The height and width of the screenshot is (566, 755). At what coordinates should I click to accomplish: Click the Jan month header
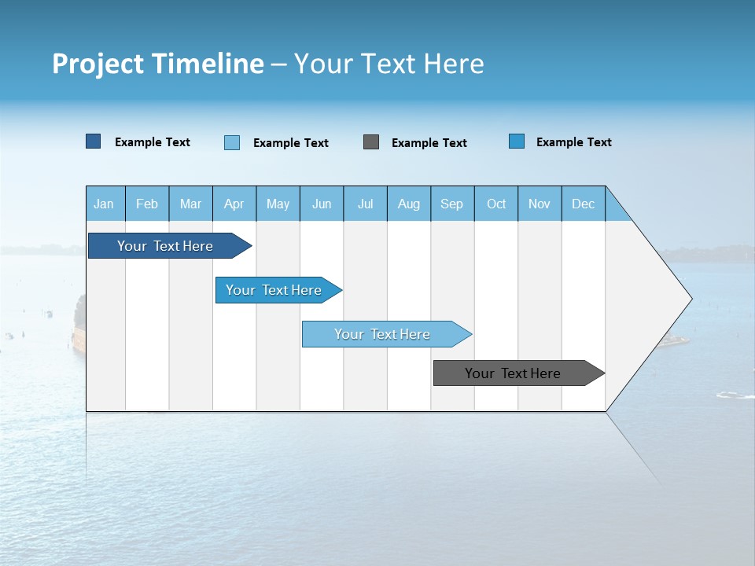click(x=104, y=204)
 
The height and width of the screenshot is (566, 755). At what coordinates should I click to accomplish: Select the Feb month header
click(x=147, y=204)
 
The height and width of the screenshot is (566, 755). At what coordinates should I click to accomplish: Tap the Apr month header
click(x=234, y=204)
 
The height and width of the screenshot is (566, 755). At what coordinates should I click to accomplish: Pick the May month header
click(x=278, y=204)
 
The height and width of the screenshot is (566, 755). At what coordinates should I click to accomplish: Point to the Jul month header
click(x=365, y=204)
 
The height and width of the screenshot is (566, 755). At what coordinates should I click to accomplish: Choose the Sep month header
click(x=451, y=204)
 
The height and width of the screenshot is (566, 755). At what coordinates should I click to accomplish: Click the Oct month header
click(x=496, y=204)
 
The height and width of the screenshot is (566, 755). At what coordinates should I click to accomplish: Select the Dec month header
click(x=583, y=204)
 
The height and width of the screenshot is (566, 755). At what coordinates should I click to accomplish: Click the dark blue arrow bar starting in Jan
click(x=165, y=246)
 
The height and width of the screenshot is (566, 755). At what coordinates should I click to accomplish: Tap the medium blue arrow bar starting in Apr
click(x=274, y=290)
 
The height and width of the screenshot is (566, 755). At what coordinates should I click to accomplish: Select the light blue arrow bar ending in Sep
click(x=382, y=334)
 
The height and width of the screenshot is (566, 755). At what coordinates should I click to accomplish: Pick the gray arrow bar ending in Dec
click(x=513, y=373)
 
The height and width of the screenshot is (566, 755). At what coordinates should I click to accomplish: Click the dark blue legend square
click(x=94, y=141)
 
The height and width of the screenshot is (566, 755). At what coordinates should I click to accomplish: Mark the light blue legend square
click(x=232, y=142)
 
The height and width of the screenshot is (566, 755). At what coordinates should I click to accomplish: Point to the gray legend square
click(x=371, y=142)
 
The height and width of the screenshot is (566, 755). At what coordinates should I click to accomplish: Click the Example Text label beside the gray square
click(x=429, y=143)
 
